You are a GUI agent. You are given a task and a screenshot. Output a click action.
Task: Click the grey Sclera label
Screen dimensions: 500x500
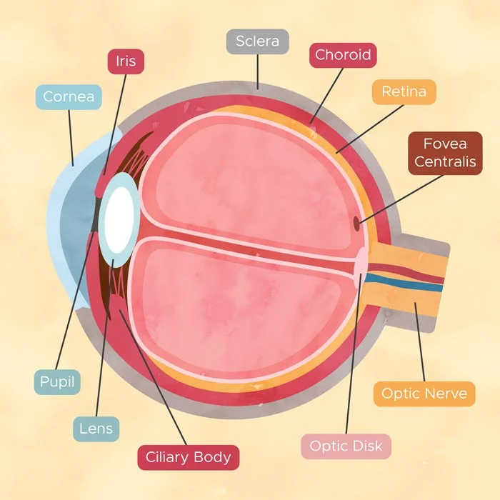pyautogui.click(x=258, y=41)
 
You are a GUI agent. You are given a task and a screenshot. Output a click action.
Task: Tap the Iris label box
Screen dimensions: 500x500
pyautogui.click(x=126, y=61)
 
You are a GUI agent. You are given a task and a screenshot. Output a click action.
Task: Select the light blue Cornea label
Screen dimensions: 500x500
pyautogui.click(x=69, y=97)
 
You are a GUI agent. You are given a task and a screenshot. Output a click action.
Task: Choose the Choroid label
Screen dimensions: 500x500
pyautogui.click(x=343, y=55)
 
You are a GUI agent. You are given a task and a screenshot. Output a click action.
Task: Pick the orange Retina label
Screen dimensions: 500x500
pyautogui.click(x=404, y=92)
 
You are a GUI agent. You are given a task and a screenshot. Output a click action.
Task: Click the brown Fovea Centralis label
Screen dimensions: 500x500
pyautogui.click(x=445, y=153)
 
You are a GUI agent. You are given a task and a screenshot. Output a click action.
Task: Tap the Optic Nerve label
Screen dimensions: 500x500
pyautogui.click(x=424, y=394)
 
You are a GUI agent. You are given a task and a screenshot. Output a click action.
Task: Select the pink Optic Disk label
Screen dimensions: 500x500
pyautogui.click(x=346, y=446)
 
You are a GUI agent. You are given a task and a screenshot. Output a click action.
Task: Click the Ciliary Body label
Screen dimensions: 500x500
pyautogui.click(x=188, y=458)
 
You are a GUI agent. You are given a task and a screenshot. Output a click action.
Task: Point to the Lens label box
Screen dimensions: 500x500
pyautogui.click(x=96, y=429)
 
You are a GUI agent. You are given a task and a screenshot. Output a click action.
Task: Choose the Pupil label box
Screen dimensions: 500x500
pyautogui.click(x=57, y=382)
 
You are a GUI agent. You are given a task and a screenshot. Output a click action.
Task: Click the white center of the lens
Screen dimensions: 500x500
pyautogui.click(x=119, y=220)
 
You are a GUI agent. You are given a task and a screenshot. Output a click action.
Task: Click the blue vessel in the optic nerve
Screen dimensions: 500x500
pyautogui.click(x=404, y=283)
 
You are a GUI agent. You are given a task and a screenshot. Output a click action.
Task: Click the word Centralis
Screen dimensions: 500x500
pyautogui.click(x=445, y=161)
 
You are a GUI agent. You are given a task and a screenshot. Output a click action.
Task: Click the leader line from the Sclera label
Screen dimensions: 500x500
pyautogui.click(x=258, y=71)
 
